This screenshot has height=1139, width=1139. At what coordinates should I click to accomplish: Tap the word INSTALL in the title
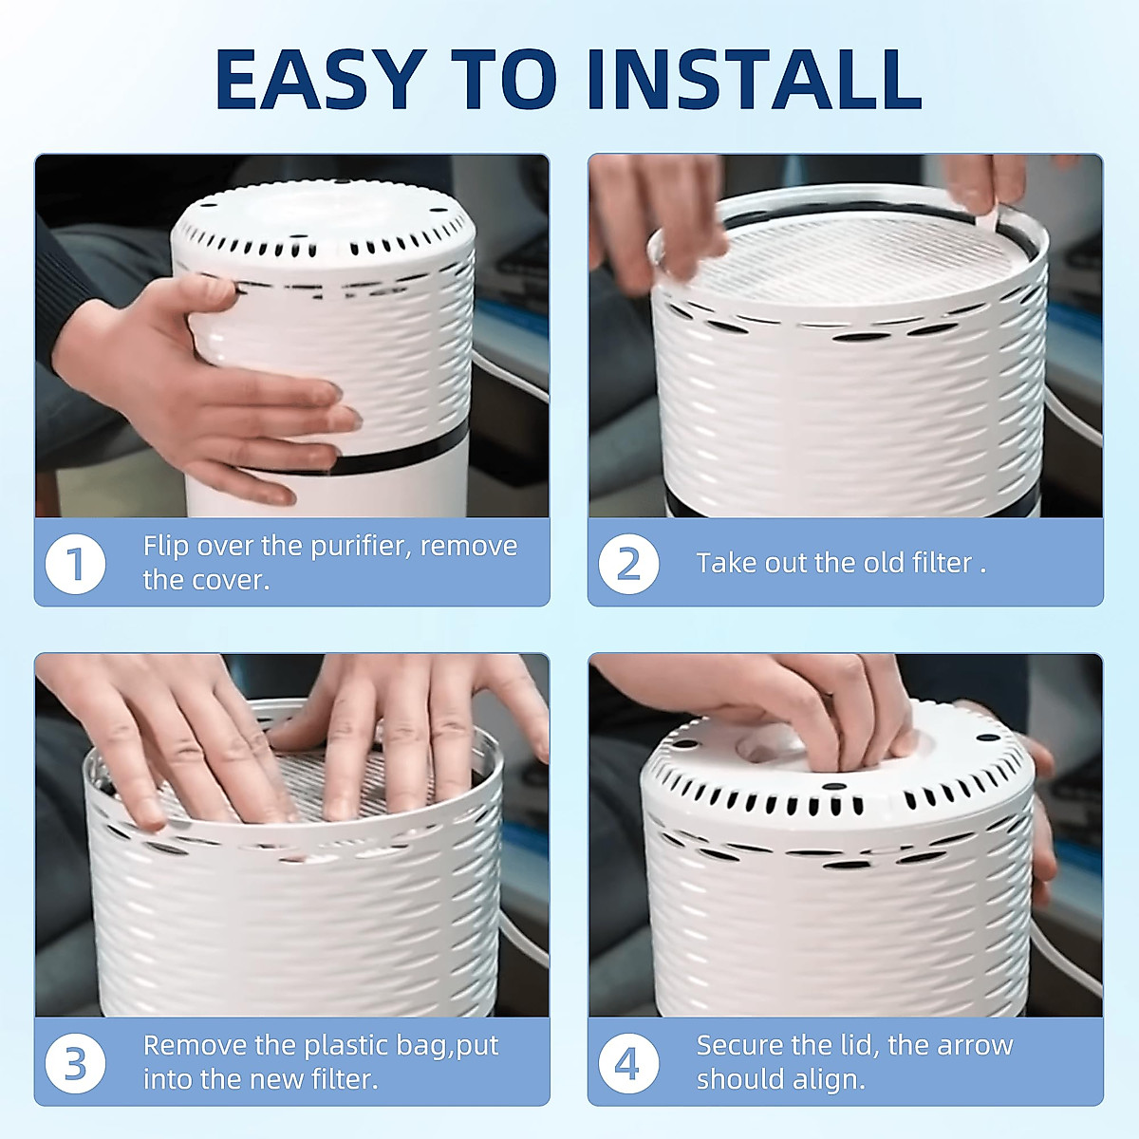[x=755, y=79]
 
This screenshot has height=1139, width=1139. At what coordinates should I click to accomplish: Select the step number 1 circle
[x=76, y=563]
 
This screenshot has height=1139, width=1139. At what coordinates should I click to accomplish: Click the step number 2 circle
[x=628, y=563]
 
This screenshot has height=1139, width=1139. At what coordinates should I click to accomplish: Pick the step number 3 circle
[x=76, y=1063]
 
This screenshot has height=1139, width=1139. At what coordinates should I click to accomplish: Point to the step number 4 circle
[x=628, y=1063]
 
